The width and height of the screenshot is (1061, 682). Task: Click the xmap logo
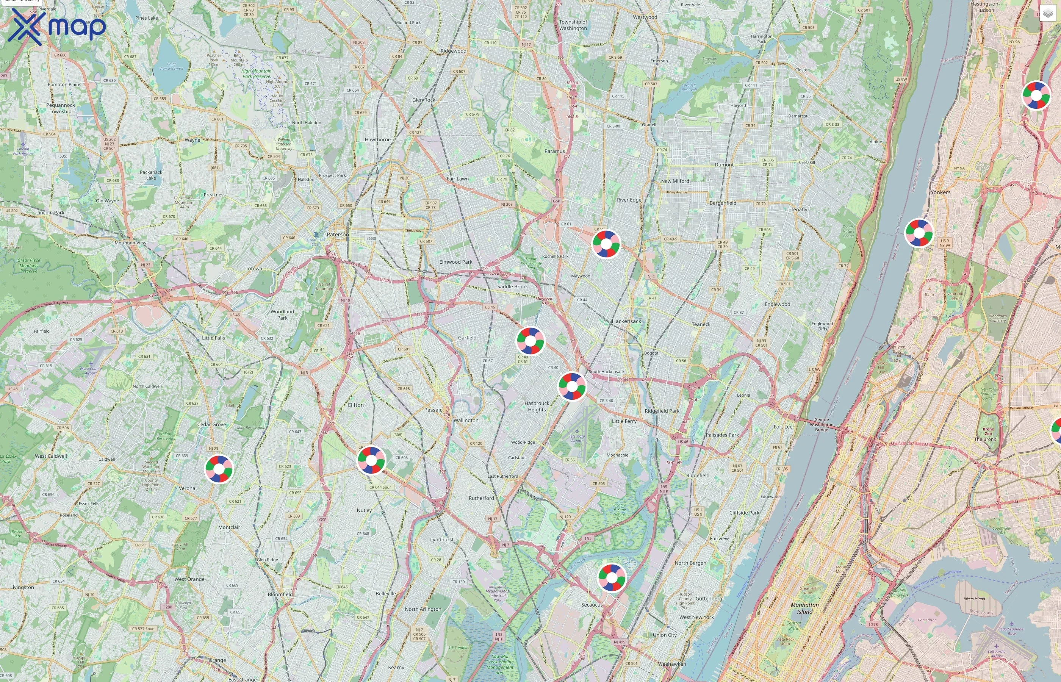pos(57,27)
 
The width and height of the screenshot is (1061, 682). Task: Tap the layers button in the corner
pos(1047,13)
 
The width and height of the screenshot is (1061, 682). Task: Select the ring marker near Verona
pos(219,469)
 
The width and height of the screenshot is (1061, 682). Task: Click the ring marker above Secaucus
pos(612,577)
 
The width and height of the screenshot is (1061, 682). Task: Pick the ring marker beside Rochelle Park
pos(606,244)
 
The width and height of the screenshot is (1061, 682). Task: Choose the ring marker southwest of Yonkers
pos(919,233)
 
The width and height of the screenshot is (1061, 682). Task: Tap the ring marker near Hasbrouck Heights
pos(572,386)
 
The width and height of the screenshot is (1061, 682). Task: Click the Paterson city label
pos(337,234)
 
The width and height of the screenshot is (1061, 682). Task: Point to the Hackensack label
pos(626,321)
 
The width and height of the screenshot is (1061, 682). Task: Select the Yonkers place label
pos(940,192)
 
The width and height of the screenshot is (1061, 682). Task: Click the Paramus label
pos(554,151)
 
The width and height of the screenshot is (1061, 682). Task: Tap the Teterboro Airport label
pos(577,438)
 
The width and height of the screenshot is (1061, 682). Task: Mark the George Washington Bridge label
pos(822,424)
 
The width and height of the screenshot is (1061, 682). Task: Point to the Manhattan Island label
pos(804,608)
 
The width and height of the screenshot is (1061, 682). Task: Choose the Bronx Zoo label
pos(988,431)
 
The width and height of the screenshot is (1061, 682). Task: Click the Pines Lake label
pos(147,18)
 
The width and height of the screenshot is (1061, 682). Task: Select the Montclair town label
pos(229,527)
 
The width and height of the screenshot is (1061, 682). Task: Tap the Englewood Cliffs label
pos(822,326)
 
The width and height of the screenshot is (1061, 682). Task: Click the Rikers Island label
pos(974,599)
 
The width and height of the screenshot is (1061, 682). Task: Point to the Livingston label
pos(22,587)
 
